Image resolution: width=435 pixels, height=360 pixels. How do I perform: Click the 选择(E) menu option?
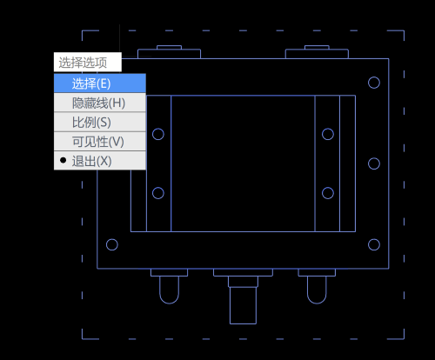click(x=100, y=83)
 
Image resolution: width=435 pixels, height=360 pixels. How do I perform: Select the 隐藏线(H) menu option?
click(x=100, y=103)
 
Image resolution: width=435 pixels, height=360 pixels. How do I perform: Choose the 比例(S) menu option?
click(x=100, y=122)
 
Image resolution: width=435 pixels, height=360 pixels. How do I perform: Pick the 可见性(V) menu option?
click(x=100, y=142)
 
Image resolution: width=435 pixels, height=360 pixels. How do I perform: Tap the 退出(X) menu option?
click(x=100, y=161)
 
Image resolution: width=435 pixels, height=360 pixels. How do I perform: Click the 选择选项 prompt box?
click(x=88, y=62)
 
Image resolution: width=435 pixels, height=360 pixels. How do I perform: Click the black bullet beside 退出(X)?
click(x=63, y=160)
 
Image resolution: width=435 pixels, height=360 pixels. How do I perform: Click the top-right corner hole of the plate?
click(x=374, y=77)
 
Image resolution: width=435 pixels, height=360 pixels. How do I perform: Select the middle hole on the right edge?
click(x=374, y=158)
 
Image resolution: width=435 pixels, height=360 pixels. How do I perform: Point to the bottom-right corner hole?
click(x=374, y=239)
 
